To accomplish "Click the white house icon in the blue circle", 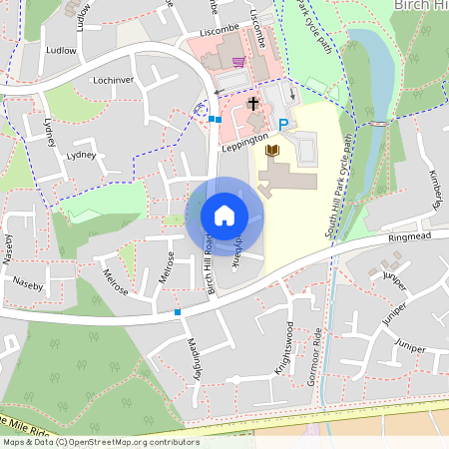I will [224, 216].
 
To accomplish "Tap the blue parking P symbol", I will [283, 125].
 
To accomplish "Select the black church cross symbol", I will [253, 103].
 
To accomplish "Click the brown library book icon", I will [271, 151].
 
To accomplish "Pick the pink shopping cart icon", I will [238, 62].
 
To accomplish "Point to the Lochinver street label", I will [112, 78].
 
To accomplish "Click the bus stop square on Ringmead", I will [178, 312].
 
